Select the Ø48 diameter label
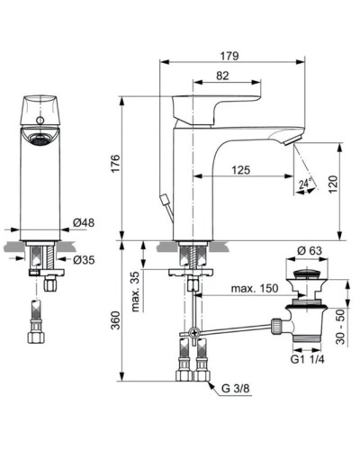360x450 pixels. [x=84, y=221]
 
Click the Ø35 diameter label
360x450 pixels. [x=84, y=260]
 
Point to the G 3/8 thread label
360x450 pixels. [x=237, y=389]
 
